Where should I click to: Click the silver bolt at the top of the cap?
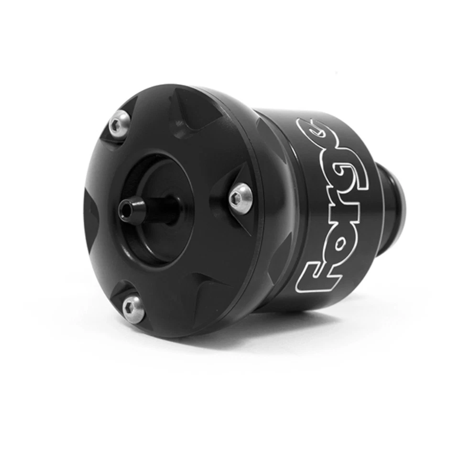click(x=119, y=125)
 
